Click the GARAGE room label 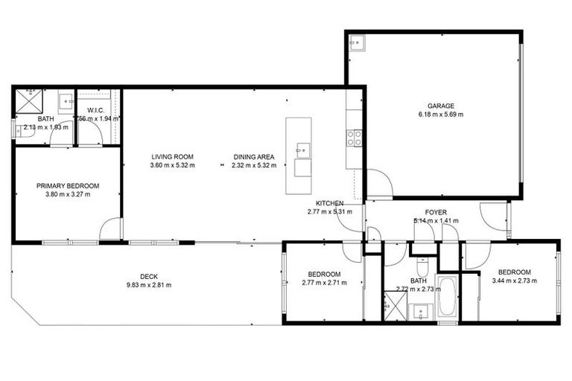click(440, 106)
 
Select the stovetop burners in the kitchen click(354, 138)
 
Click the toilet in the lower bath click(422, 266)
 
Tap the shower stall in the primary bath click(30, 100)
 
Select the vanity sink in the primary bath click(66, 100)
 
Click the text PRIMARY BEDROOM click(68, 186)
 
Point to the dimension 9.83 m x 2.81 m click(149, 284)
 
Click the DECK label click(149, 276)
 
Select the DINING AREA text click(254, 156)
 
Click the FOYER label click(436, 212)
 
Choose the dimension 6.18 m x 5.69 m click(440, 115)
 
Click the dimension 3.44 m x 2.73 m click(514, 281)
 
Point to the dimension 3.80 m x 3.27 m click(68, 195)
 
